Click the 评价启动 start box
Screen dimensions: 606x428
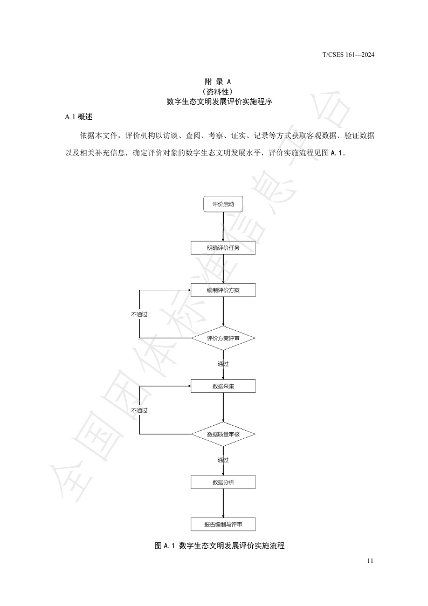(223, 205)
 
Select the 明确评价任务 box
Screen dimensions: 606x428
(223, 248)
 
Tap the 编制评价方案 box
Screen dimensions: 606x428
(223, 290)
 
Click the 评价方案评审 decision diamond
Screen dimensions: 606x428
(223, 338)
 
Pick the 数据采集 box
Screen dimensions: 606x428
(223, 386)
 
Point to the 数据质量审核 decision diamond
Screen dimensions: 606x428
(223, 434)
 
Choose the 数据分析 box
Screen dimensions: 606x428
(223, 482)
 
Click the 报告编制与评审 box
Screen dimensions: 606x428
(223, 524)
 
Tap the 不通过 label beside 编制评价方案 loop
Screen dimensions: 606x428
(139, 314)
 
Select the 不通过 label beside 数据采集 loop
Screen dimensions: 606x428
(139, 410)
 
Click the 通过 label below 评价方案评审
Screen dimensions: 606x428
(223, 364)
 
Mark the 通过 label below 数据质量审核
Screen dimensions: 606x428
(223, 460)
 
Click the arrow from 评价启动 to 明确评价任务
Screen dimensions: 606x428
(223, 226)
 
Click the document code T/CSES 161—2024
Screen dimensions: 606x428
(348, 55)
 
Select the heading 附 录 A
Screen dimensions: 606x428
(214, 81)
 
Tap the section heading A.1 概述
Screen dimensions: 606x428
(78, 117)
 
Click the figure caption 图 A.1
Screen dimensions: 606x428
(219, 546)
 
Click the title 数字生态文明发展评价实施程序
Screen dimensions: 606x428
(214, 101)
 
